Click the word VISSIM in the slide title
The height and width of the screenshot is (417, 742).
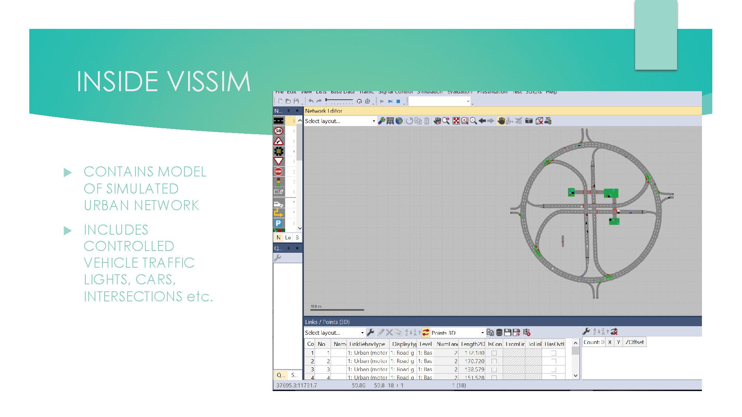pos(209,82)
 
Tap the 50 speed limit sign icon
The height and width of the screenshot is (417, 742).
pos(279,131)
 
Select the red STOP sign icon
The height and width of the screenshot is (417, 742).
pos(278,172)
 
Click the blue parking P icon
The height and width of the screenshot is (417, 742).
pos(278,223)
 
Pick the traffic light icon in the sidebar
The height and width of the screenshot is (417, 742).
pos(278,182)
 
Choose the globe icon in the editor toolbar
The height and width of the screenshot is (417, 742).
pos(399,121)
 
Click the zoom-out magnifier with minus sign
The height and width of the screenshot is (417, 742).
pos(473,121)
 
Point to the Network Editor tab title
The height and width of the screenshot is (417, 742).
pos(324,111)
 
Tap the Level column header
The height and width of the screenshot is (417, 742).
pos(426,344)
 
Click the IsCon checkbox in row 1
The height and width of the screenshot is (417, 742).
pos(494,353)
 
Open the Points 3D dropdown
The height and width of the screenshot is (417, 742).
pos(482,333)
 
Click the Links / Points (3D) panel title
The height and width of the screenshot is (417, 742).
pos(327,322)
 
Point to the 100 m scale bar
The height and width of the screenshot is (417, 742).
pos(337,310)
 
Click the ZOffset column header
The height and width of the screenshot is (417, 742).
pos(635,342)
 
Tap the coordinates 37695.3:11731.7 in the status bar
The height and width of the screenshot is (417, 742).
pos(297,385)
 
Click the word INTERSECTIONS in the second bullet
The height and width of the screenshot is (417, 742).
pos(133,297)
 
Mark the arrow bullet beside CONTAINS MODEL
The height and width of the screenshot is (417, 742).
pos(68,172)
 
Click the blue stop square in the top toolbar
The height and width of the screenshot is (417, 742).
pos(398,101)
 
